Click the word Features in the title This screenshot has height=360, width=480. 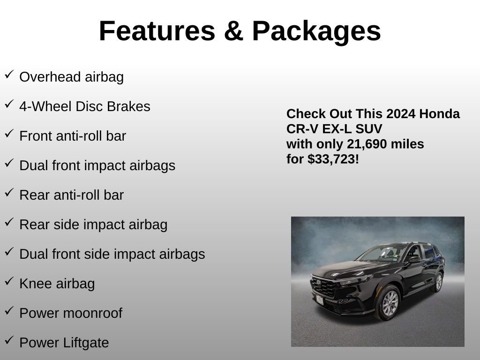pyautogui.click(x=157, y=31)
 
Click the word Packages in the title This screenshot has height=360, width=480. pyautogui.click(x=316, y=31)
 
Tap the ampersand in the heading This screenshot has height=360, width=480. pyautogui.click(x=233, y=31)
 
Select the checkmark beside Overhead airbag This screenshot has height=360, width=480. pyautogui.click(x=9, y=75)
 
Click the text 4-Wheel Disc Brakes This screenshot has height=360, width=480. pyautogui.click(x=84, y=106)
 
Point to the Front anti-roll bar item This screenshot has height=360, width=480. pyautogui.click(x=73, y=136)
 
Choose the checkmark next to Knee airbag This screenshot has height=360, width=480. pyautogui.click(x=9, y=281)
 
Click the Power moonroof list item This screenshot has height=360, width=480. pyautogui.click(x=70, y=313)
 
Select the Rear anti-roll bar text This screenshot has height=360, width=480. pyautogui.click(x=71, y=195)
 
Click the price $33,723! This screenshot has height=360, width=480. pyautogui.click(x=333, y=159)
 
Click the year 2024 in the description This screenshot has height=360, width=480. pyautogui.click(x=401, y=114)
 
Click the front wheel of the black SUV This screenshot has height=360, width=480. pyautogui.click(x=389, y=303)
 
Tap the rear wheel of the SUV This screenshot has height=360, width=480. pyautogui.click(x=438, y=282)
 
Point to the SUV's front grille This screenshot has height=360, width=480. pyautogui.click(x=324, y=287)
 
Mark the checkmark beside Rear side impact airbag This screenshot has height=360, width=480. pyautogui.click(x=9, y=222)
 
